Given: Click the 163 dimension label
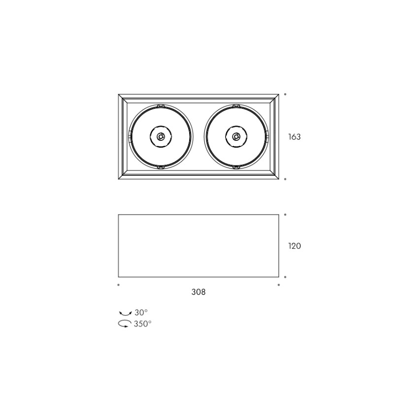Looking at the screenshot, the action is point(294,137).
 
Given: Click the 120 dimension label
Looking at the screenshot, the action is point(294,246).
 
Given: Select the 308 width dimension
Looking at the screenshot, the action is point(198,292).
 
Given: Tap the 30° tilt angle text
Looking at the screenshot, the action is point(141,313).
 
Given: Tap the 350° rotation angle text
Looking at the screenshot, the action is point(142,324).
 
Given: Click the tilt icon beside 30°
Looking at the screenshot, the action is point(125,313).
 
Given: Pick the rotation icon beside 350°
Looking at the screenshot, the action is point(125,324).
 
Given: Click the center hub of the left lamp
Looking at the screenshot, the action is point(161,137).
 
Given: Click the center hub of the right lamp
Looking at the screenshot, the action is point(236,137).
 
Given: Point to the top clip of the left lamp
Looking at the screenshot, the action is point(161,106).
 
